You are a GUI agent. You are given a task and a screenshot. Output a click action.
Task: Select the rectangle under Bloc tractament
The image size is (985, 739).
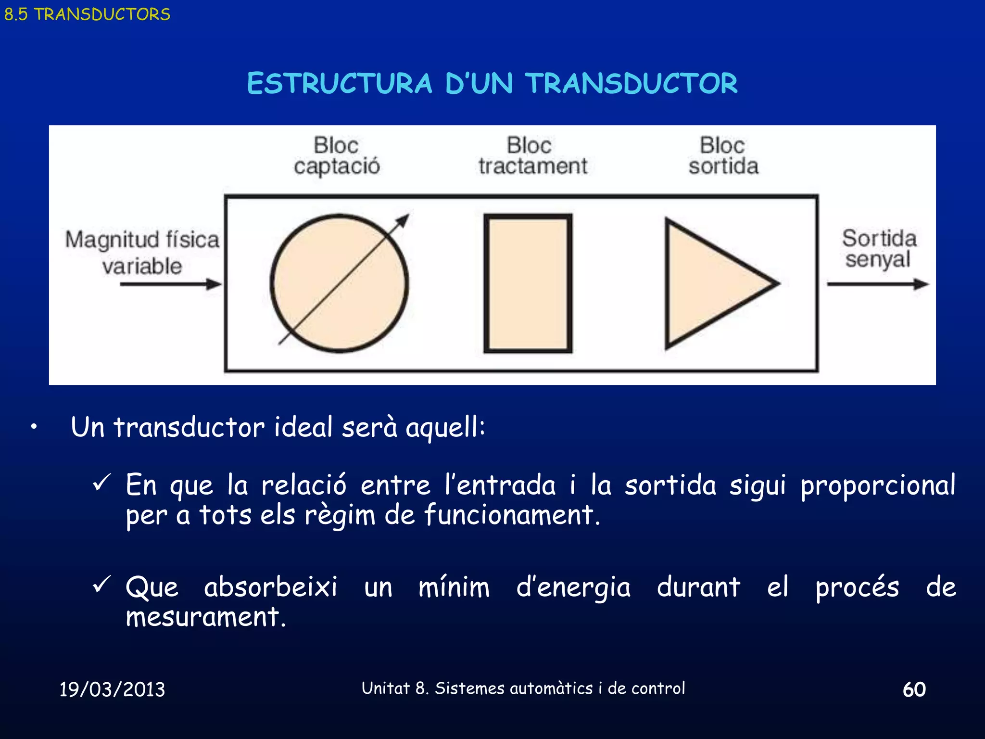pyautogui.click(x=528, y=283)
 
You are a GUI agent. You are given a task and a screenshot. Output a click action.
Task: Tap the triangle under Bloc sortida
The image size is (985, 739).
pyautogui.click(x=712, y=284)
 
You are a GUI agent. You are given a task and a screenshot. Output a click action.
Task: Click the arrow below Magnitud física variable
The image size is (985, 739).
pyautogui.click(x=171, y=284)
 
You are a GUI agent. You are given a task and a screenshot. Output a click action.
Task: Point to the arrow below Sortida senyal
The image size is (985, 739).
pyautogui.click(x=878, y=284)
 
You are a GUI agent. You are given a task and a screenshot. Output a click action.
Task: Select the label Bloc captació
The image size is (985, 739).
pyautogui.click(x=337, y=156)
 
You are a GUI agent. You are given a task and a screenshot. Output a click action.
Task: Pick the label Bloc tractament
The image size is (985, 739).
pyautogui.click(x=532, y=156)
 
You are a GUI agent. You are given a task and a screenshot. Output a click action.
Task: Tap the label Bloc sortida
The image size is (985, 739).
pyautogui.click(x=723, y=156)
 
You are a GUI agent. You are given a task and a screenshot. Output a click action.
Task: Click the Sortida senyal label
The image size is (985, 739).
pyautogui.click(x=879, y=249)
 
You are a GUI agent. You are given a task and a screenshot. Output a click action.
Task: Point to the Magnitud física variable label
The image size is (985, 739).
pyautogui.click(x=142, y=253)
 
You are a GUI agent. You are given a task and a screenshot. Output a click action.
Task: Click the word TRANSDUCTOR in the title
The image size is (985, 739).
pyautogui.click(x=631, y=83)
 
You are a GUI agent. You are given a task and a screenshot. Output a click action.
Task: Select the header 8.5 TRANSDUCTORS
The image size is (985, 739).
pyautogui.click(x=87, y=14)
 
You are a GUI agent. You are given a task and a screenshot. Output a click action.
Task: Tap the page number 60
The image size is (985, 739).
pyautogui.click(x=914, y=689)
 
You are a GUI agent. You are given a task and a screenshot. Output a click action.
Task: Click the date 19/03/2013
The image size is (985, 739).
pyautogui.click(x=112, y=689)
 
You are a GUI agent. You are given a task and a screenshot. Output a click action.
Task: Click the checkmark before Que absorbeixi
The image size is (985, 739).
pyautogui.click(x=101, y=584)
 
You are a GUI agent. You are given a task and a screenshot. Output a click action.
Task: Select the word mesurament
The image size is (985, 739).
pyautogui.click(x=206, y=617)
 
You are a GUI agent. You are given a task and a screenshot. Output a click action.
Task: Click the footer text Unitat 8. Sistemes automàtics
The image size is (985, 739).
pyautogui.click(x=523, y=688)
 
